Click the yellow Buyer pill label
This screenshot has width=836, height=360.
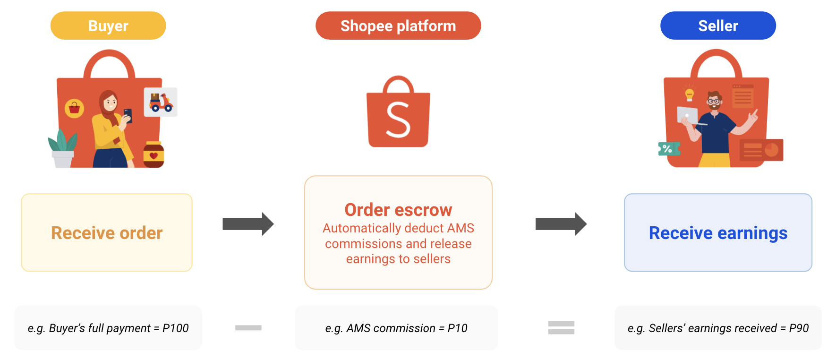click(108, 26)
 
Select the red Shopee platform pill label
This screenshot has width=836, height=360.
click(398, 26)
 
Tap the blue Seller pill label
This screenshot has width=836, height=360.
click(718, 26)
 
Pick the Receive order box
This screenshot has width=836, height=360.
click(107, 232)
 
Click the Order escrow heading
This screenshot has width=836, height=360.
click(398, 209)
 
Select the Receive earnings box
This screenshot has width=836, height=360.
click(718, 232)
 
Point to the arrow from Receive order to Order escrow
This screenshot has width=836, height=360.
click(248, 224)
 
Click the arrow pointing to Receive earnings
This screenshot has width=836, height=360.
click(561, 224)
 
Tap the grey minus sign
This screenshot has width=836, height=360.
click(248, 328)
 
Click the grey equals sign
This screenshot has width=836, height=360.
click(561, 328)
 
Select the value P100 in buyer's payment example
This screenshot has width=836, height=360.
click(175, 328)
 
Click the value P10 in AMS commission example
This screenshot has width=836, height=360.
click(457, 328)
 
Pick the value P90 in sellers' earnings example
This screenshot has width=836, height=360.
click(799, 328)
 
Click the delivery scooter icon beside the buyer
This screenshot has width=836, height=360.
click(161, 102)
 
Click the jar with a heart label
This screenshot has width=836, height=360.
click(154, 155)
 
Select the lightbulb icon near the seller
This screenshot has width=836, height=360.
click(690, 93)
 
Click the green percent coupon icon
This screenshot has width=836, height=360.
click(669, 149)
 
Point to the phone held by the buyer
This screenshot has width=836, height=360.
click(128, 115)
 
